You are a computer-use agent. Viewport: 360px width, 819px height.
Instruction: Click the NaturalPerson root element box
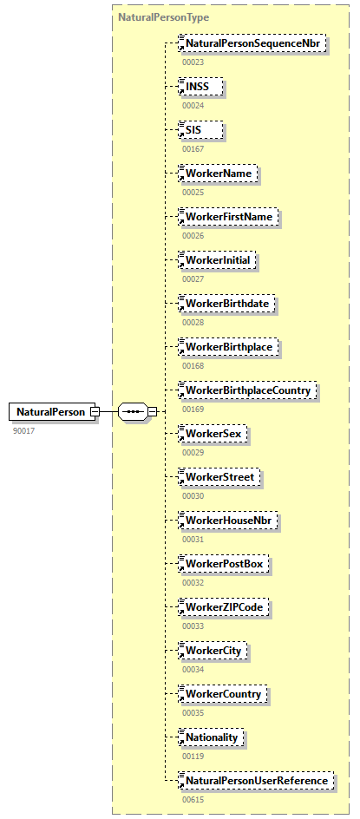[50, 411]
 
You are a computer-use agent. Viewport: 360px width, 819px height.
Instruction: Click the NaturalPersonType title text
[151, 16]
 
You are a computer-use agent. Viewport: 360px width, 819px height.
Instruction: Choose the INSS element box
[201, 86]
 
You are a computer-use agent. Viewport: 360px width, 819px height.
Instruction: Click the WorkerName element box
[218, 173]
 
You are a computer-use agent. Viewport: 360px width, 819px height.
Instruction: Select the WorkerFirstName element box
[229, 216]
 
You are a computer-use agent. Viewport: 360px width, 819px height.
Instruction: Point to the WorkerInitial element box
[220, 259]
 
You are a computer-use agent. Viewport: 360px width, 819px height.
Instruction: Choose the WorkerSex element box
[213, 433]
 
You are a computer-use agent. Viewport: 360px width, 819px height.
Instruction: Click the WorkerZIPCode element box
[223, 606]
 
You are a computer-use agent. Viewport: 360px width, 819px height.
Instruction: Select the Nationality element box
[213, 737]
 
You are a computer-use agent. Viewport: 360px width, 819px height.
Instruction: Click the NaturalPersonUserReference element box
[256, 780]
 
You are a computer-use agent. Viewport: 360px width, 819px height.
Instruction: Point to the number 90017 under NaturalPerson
[24, 430]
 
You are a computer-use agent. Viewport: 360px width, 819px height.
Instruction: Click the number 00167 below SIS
[193, 148]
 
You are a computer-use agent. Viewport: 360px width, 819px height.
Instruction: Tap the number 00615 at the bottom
[193, 799]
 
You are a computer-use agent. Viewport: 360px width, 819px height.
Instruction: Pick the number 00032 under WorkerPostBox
[193, 582]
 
